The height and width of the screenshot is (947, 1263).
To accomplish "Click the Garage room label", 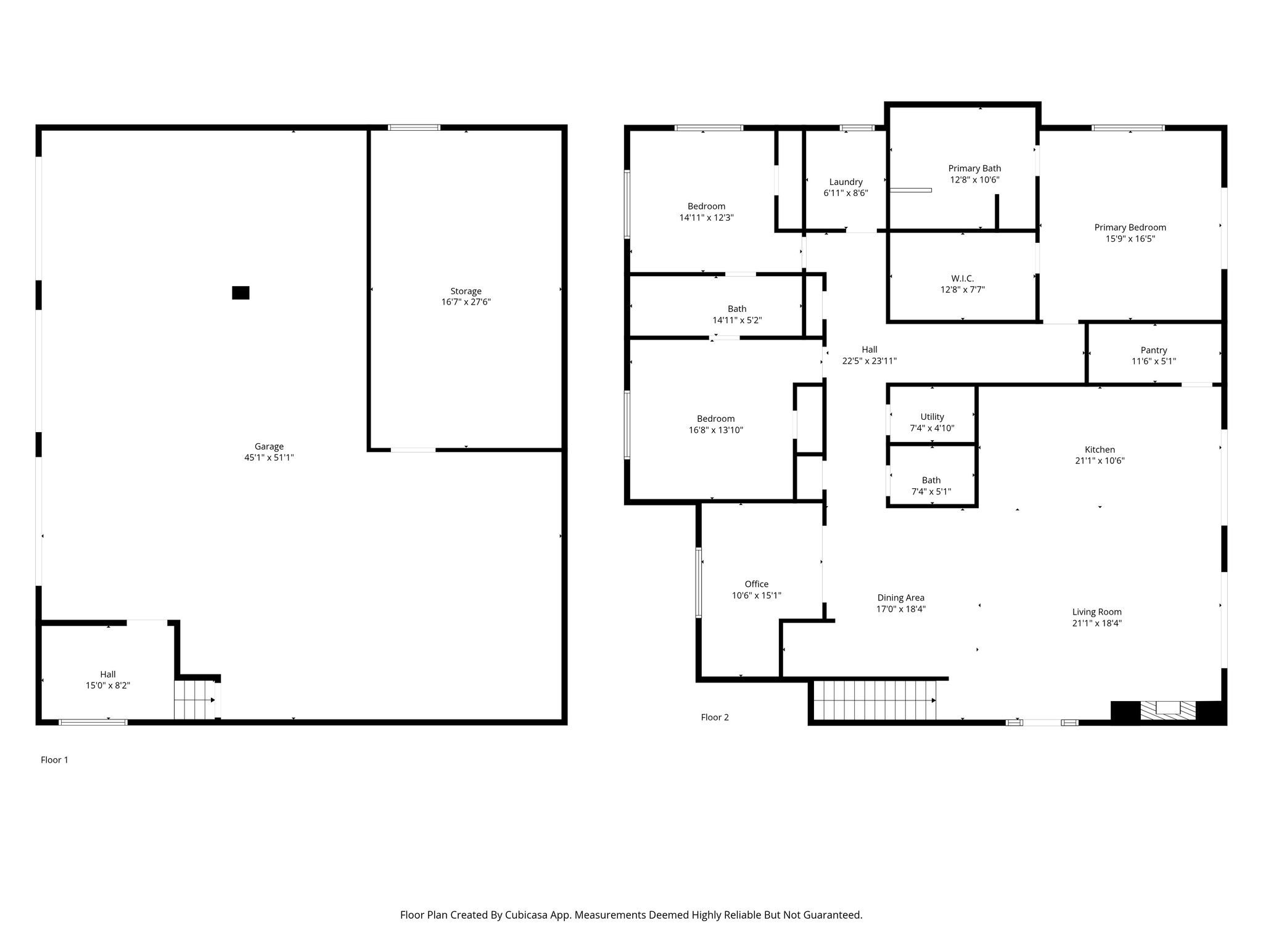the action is (x=269, y=446).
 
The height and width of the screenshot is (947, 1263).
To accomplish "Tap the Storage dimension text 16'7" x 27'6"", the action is (x=466, y=302).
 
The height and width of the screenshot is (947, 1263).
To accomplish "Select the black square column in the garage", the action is (x=241, y=293).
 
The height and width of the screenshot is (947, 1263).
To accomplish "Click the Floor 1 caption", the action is (x=54, y=760).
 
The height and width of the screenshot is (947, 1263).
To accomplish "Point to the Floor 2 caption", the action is (x=715, y=717).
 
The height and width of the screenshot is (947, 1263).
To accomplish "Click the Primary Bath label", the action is (x=974, y=168).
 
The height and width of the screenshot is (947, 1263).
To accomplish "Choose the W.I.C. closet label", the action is (x=962, y=279).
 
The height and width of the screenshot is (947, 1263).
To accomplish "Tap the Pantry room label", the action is (x=1154, y=350).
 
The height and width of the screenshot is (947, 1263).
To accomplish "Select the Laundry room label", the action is (x=845, y=182).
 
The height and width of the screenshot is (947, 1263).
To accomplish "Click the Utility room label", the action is (x=932, y=417).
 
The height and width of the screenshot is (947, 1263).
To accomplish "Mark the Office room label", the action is (x=757, y=584).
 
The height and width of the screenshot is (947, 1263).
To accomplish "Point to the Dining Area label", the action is (x=901, y=597).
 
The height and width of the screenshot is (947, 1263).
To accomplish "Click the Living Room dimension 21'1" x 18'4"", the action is (x=1096, y=623).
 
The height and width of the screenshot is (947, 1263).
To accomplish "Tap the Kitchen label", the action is (x=1100, y=449).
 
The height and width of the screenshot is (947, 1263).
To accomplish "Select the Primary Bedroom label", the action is (x=1130, y=228).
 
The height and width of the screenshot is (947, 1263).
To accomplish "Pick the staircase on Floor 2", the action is (x=874, y=700).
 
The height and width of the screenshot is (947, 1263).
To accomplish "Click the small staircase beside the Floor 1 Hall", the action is (x=195, y=700).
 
